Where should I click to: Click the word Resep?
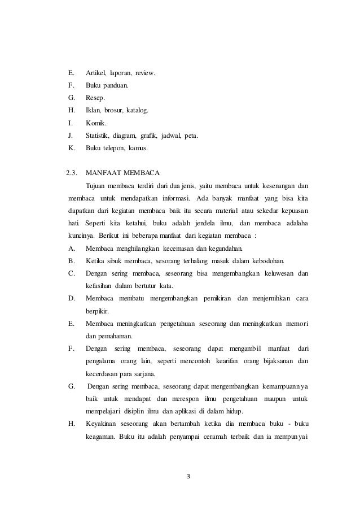click(x=95, y=98)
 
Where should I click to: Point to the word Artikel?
click(x=96, y=73)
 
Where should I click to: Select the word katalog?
click(x=138, y=110)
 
